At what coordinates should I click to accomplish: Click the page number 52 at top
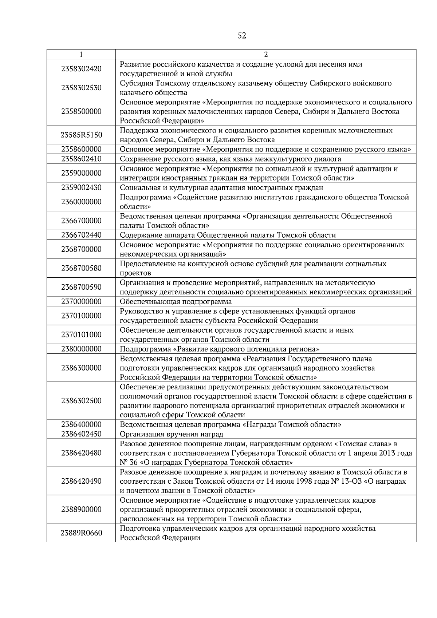point(242,36)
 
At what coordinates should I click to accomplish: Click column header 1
point(81,55)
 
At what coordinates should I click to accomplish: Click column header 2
point(265,55)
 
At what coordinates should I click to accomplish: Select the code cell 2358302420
point(81,69)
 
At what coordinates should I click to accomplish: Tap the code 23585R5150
point(81,135)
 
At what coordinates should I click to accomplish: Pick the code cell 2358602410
point(81,159)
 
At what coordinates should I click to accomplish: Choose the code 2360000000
point(81,202)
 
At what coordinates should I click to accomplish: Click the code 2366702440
point(81,235)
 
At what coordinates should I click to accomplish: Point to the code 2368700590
point(81,287)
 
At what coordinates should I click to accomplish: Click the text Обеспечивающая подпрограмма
point(176,301)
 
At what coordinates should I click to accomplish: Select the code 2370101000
point(81,334)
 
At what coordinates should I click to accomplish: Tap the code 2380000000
point(81,349)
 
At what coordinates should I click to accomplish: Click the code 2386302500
point(81,401)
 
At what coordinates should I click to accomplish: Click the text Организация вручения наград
point(172,434)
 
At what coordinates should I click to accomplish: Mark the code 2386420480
point(81,453)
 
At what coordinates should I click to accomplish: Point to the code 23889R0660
point(81,533)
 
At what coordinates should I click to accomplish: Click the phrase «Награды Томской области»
point(291,424)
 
